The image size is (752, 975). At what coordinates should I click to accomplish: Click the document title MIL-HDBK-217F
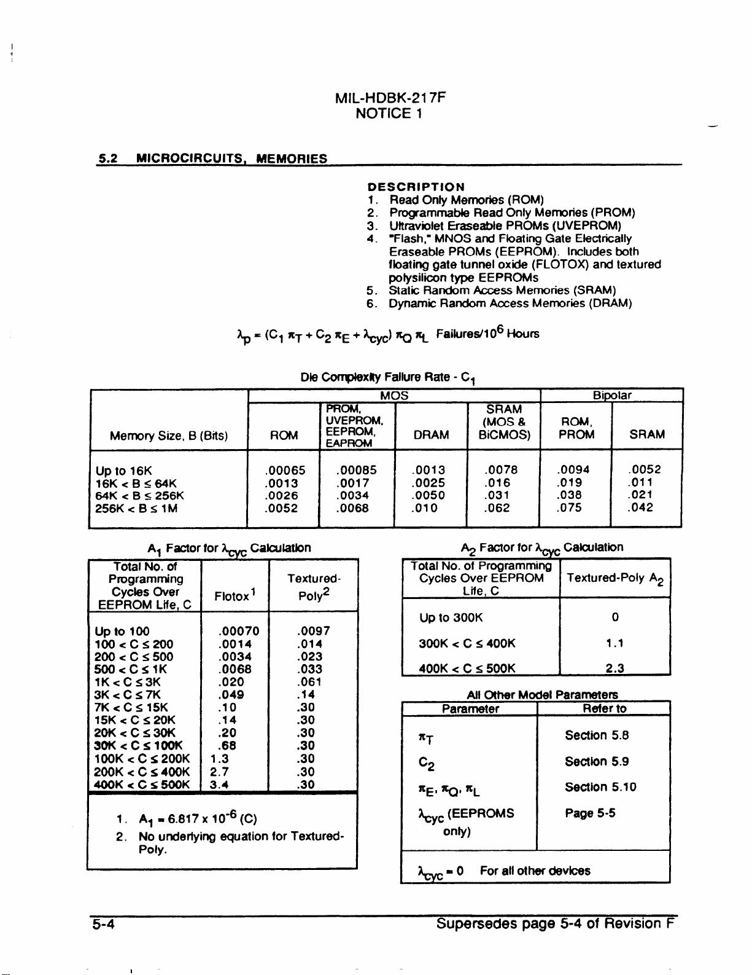point(390,98)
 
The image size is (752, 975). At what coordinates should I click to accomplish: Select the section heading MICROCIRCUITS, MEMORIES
point(231,159)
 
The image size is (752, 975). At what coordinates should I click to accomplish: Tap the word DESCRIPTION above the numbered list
point(416,187)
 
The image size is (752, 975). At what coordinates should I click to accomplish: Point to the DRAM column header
point(430,435)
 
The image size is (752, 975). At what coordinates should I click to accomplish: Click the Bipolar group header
point(612,395)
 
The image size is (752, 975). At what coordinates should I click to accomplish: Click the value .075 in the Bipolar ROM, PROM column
point(572,507)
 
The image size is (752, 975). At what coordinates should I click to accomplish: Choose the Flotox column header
point(235,596)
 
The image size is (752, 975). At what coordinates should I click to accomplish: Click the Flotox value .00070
point(238,631)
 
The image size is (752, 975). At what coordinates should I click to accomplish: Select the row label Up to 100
point(122,631)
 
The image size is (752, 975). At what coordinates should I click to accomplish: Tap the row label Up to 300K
point(451,617)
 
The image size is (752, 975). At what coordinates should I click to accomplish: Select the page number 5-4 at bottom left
point(104,924)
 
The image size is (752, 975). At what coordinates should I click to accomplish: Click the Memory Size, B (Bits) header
point(169,436)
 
